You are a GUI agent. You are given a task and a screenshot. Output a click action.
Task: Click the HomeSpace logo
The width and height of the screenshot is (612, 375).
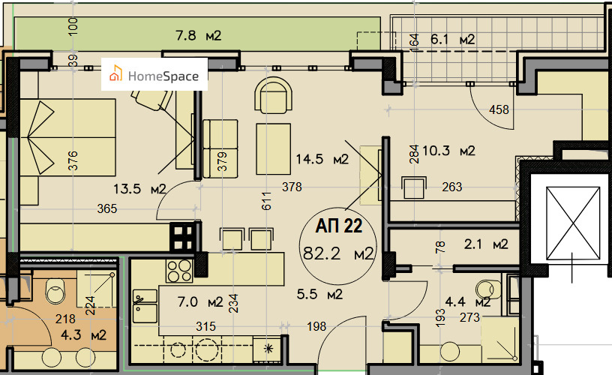pyautogui.click(x=154, y=74)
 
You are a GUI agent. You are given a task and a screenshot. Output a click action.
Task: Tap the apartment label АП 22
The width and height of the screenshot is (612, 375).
pyautogui.click(x=339, y=226)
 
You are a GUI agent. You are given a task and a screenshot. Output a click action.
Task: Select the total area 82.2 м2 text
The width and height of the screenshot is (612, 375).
pyautogui.click(x=338, y=253)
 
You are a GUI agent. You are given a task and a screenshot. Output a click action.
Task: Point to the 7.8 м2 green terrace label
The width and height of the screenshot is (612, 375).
pyautogui.click(x=198, y=36)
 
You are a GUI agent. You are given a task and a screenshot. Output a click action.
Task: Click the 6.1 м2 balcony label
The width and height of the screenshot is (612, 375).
pyautogui.click(x=453, y=40)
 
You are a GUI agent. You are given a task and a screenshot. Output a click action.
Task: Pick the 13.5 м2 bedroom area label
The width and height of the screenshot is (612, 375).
pyautogui.click(x=139, y=189)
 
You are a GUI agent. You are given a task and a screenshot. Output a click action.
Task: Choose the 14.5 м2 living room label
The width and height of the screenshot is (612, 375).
pyautogui.click(x=322, y=159)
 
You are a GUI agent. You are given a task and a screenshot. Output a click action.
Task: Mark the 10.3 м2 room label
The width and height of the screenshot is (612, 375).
pyautogui.click(x=448, y=151)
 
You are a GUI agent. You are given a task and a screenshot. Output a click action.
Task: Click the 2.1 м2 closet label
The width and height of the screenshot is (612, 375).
pyautogui.click(x=486, y=244)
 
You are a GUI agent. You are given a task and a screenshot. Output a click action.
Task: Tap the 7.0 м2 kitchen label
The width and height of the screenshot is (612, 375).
pyautogui.click(x=200, y=302)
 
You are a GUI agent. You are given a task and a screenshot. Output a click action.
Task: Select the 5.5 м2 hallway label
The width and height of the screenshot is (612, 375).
pyautogui.click(x=319, y=294)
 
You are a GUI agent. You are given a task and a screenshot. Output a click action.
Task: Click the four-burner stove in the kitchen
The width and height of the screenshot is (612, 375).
pyautogui.click(x=179, y=271)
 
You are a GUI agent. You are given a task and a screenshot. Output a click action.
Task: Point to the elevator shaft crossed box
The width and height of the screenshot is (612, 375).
pyautogui.click(x=573, y=223)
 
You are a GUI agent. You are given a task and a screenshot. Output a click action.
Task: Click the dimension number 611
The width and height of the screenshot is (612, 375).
pyautogui.click(x=266, y=201)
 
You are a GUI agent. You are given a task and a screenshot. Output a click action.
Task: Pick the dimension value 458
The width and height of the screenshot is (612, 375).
pyautogui.click(x=499, y=109)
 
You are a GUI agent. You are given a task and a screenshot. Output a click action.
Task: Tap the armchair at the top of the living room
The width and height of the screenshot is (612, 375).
pyautogui.click(x=273, y=95)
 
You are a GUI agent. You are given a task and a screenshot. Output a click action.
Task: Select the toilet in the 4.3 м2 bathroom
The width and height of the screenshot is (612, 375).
pyautogui.click(x=55, y=291)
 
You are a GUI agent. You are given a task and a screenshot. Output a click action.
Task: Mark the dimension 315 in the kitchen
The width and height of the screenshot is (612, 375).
pyautogui.click(x=205, y=326)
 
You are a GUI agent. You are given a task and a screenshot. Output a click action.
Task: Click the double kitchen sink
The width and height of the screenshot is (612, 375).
pyautogui.click(x=145, y=306)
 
